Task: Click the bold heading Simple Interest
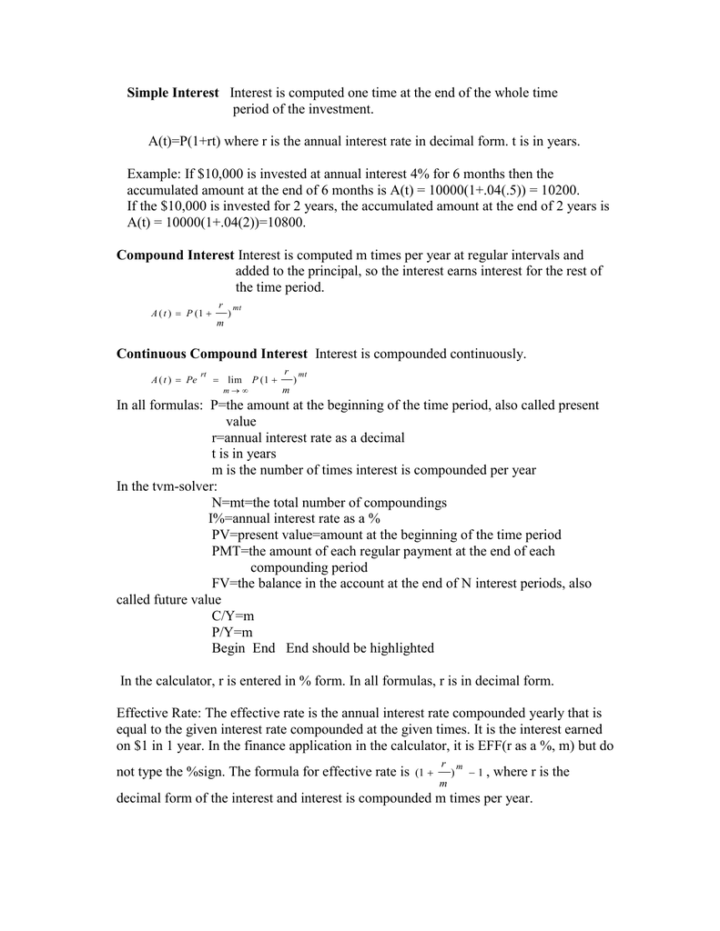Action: [172, 93]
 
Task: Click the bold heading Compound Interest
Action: [175, 255]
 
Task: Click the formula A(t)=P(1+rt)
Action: [185, 142]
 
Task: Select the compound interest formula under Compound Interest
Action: [195, 314]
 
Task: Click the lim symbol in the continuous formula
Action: [234, 379]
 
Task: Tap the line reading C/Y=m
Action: [232, 616]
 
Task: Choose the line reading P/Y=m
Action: [232, 632]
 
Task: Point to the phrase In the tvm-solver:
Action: [167, 486]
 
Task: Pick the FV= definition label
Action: [224, 584]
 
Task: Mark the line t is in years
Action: [244, 454]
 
